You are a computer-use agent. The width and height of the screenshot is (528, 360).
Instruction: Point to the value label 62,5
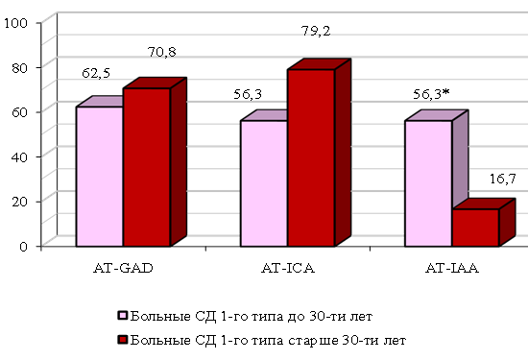pos(96,73)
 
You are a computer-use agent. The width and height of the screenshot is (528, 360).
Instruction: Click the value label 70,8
pos(161,52)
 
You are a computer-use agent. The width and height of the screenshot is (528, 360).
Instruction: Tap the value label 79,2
pos(316,31)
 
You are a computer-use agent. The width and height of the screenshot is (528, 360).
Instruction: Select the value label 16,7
pos(502,179)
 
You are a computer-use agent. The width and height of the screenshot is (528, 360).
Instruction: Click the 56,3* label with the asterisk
pos(431,94)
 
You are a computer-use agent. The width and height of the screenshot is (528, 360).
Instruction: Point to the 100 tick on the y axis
pos(15,23)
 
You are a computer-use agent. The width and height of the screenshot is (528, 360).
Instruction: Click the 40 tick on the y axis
pos(19,156)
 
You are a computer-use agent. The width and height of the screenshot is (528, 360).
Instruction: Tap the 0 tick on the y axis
pos(23,247)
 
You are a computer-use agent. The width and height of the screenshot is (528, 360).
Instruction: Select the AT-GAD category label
pos(123,268)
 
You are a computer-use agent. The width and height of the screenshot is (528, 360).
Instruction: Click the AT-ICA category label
pos(288,268)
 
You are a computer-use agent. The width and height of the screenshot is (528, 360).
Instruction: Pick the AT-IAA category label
pos(452,268)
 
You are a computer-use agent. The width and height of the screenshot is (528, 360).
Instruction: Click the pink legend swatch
pos(123,316)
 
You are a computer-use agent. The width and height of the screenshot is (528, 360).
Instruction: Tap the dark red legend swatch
pos(123,340)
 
